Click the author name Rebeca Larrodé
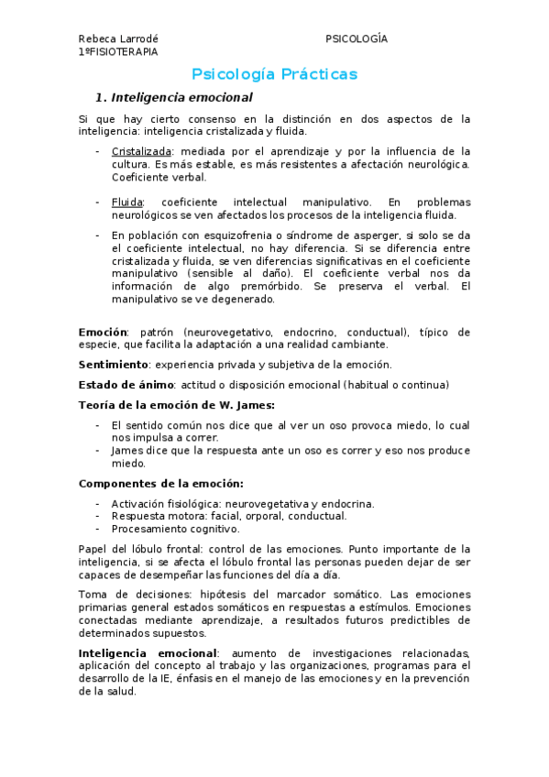click(x=118, y=38)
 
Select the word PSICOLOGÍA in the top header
click(x=356, y=38)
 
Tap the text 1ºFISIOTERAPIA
click(x=118, y=52)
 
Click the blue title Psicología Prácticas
click(x=274, y=74)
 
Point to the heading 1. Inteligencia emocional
click(x=174, y=97)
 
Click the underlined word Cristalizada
click(x=141, y=151)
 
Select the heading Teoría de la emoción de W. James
click(x=176, y=404)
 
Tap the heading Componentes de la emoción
click(x=160, y=483)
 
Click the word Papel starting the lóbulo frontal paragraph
click(x=93, y=549)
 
